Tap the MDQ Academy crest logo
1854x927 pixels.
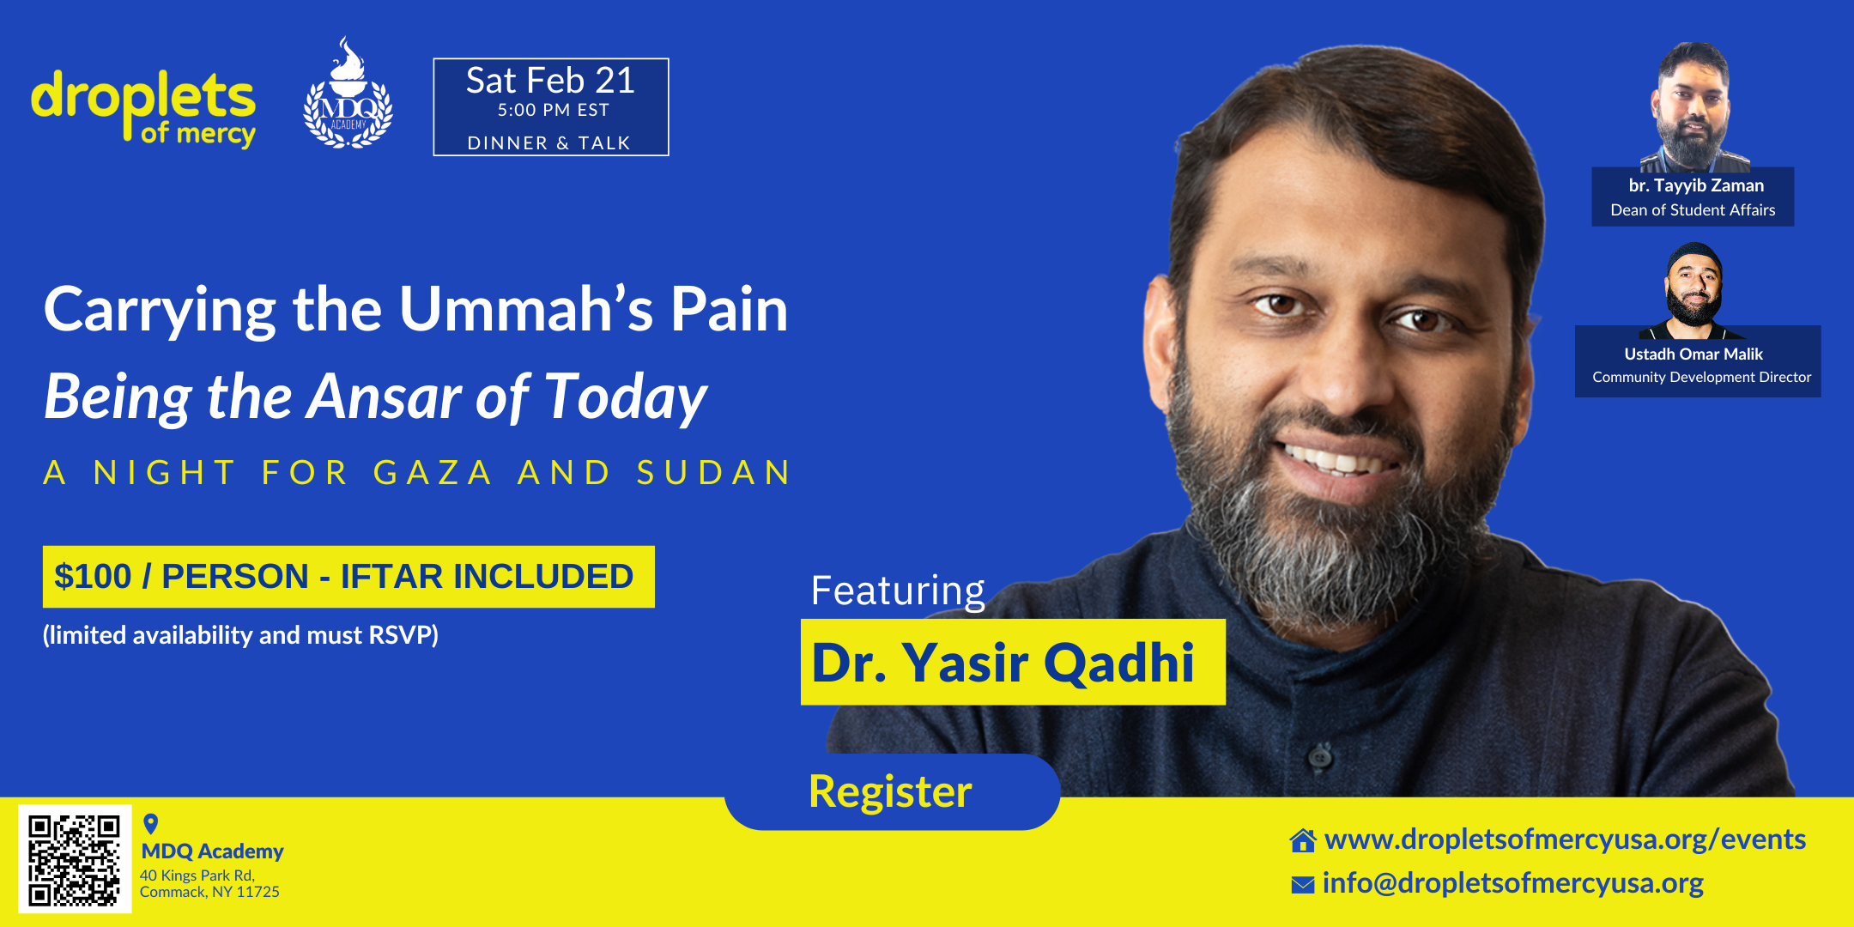click(x=348, y=94)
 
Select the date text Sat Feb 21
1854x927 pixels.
click(x=550, y=81)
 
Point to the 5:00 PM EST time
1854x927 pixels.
click(x=554, y=110)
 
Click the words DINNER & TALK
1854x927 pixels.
click(x=549, y=143)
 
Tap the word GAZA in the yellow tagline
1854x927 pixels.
click(x=433, y=472)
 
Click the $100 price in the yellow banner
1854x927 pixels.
click(x=93, y=577)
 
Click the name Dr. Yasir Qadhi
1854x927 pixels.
click(x=1003, y=663)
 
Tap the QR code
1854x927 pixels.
click(x=75, y=859)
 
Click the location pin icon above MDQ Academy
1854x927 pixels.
click(x=151, y=824)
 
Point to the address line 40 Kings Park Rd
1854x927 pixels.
click(x=197, y=875)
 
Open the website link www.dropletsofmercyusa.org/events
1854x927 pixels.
click(x=1565, y=839)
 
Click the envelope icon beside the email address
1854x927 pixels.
click(x=1302, y=884)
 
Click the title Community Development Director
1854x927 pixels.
click(x=1701, y=377)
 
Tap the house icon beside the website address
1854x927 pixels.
click(x=1303, y=840)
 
